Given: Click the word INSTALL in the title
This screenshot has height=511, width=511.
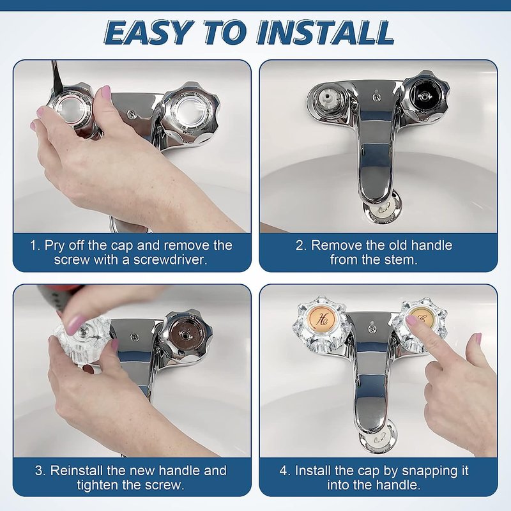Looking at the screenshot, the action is [326, 33].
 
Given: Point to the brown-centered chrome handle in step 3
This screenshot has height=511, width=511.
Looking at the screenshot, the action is [186, 336].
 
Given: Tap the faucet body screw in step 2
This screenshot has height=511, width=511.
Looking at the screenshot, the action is [377, 96].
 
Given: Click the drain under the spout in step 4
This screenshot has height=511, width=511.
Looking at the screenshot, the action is [378, 436].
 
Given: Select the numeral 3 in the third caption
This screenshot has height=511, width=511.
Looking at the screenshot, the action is [39, 471].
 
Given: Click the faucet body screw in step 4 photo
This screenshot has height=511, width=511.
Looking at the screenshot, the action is [372, 328].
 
